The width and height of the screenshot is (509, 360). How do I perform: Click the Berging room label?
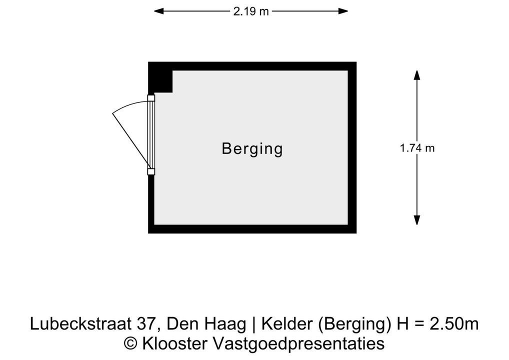coord(252,148)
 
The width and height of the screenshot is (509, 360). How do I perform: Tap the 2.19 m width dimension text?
coord(251,11)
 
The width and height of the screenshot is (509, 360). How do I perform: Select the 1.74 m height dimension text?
coord(417,148)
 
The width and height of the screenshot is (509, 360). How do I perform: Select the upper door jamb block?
coord(151,98)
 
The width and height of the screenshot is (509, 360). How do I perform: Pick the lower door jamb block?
coord(151,171)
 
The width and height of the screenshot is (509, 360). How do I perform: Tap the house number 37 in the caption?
coord(146,324)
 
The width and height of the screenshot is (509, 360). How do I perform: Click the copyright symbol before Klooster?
coord(130,343)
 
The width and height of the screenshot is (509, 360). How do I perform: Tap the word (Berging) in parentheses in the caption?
coord(354,324)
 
